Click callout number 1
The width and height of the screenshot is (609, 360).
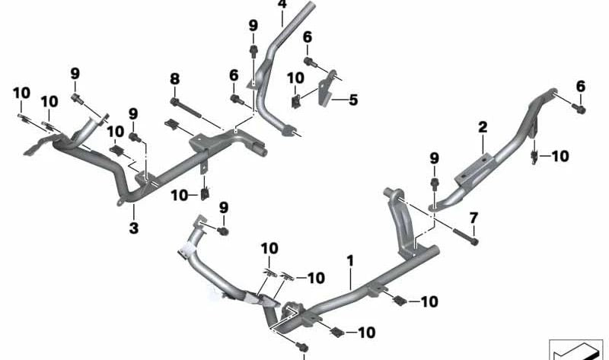tap(350, 261)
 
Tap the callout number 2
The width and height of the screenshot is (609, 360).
tap(483, 127)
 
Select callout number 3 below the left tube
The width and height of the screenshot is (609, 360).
tap(134, 228)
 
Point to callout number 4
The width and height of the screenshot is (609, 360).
tap(282, 5)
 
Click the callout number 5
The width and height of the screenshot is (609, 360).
tap(353, 100)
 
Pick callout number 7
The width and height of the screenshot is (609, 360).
tap(473, 218)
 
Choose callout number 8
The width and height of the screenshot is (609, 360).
tap(175, 79)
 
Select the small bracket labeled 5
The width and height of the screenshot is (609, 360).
tap(327, 88)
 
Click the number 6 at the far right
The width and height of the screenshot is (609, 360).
tap(580, 86)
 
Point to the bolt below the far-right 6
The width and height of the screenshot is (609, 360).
tap(579, 108)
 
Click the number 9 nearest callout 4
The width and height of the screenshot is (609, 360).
tap(253, 26)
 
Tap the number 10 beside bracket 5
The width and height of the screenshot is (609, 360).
tap(295, 78)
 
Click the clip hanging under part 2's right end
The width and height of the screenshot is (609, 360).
tap(534, 157)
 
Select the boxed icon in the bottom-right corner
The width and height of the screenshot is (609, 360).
tap(576, 350)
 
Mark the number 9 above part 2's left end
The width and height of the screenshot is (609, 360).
tap(434, 158)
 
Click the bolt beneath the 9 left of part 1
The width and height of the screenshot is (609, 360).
tap(222, 231)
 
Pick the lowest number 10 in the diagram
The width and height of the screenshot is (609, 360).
tap(366, 333)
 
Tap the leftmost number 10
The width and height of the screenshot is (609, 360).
tap(21, 93)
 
